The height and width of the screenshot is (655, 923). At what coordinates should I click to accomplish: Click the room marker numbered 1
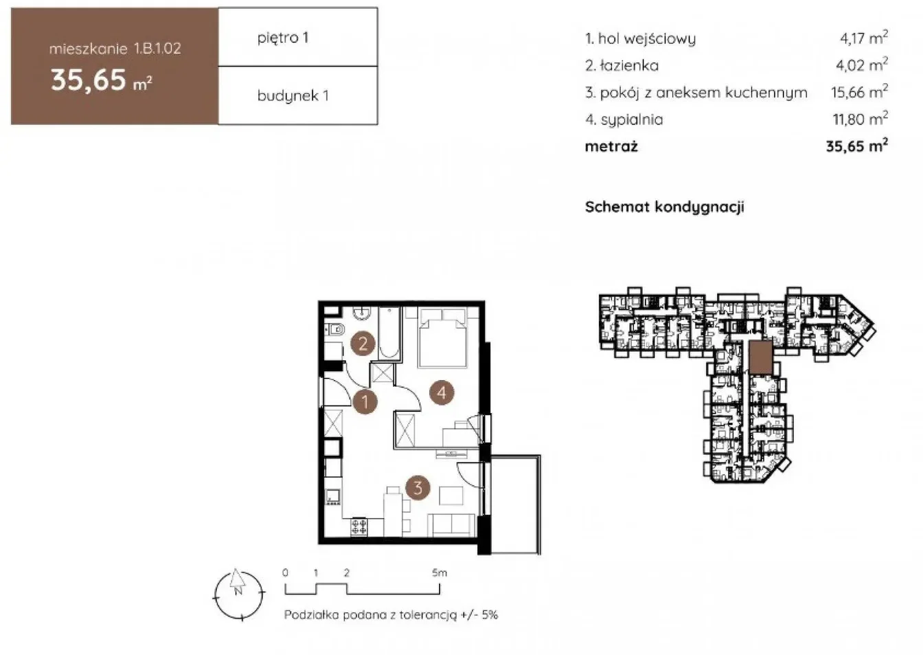365,401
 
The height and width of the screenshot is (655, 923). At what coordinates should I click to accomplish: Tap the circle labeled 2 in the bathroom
363,343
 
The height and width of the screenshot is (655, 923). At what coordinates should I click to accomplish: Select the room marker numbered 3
418,488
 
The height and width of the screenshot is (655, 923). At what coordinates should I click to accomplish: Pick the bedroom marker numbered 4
442,392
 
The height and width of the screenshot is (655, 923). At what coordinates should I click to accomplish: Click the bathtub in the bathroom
389,333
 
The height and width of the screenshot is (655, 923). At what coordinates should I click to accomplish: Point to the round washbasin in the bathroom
362,313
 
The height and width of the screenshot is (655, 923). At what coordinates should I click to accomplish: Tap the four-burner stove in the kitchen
359,526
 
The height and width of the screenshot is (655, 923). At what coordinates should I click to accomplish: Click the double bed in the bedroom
442,337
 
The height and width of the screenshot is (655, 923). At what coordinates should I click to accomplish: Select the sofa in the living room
452,525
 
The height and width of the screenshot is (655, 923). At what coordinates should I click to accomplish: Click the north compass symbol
238,595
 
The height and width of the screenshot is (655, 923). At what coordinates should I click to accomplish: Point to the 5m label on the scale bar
440,573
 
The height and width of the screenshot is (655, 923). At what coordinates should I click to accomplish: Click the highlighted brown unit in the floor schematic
761,357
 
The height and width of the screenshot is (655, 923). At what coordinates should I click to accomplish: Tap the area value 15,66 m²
859,92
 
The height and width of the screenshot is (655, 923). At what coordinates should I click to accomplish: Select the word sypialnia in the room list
632,120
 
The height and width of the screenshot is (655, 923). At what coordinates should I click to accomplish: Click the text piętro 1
283,38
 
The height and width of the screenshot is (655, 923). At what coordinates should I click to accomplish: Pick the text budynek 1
293,96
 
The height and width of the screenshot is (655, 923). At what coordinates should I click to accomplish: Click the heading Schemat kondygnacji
664,207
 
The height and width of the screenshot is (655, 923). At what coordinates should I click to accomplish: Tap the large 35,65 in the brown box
88,80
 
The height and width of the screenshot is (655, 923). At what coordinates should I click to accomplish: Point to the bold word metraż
611,146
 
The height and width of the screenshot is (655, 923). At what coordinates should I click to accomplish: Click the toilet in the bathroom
334,330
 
